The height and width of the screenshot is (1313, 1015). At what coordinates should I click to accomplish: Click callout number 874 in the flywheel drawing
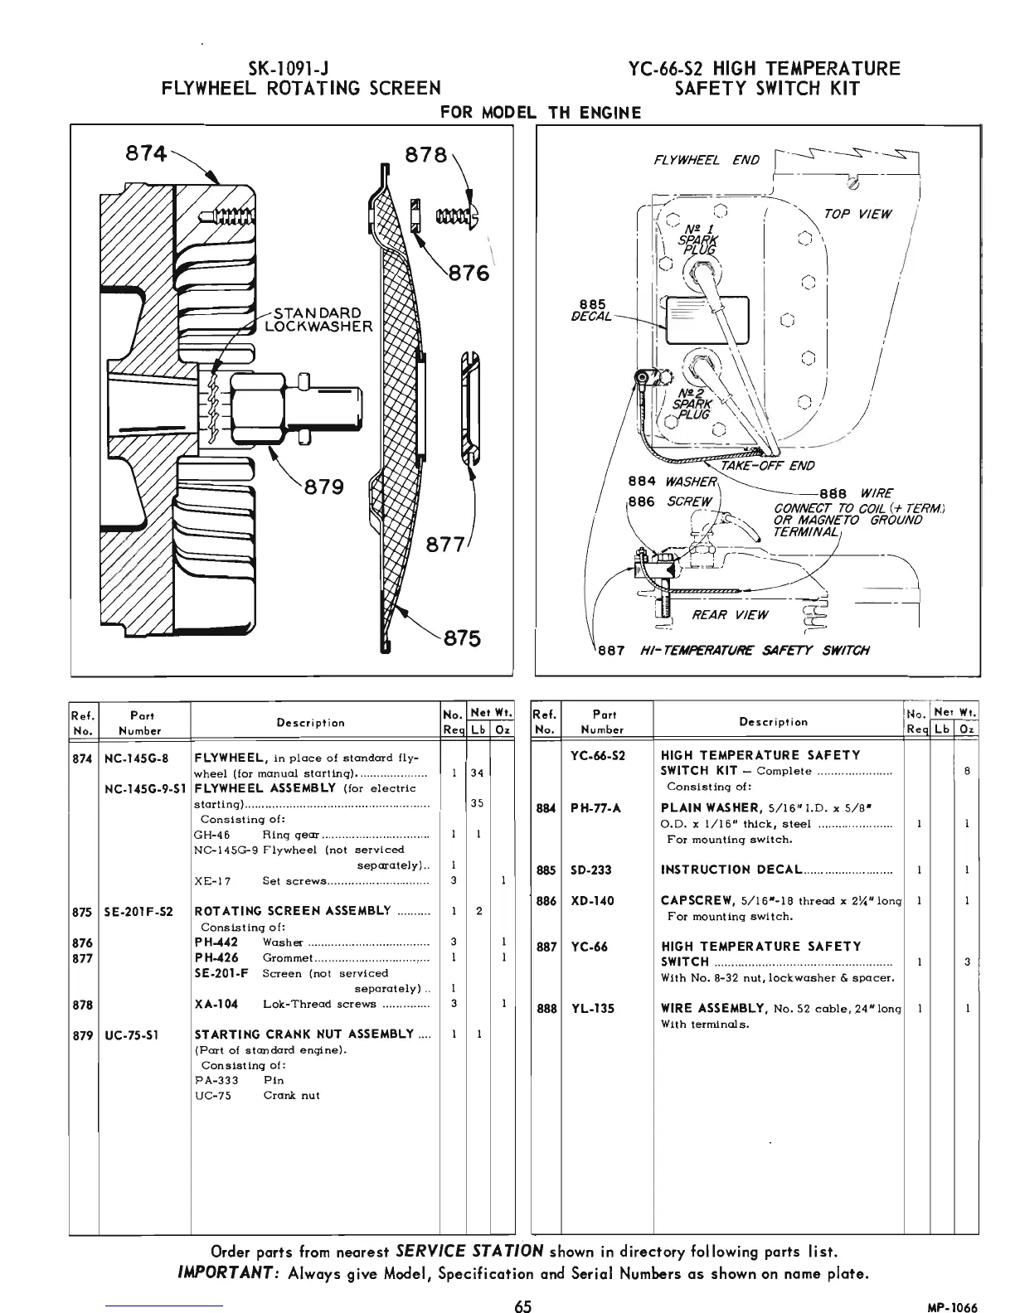[144, 153]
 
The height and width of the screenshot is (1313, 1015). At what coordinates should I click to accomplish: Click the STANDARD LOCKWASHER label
[318, 319]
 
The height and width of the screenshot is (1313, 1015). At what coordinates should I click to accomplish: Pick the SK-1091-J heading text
[299, 68]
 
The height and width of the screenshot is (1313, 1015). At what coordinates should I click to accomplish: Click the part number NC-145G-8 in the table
[137, 757]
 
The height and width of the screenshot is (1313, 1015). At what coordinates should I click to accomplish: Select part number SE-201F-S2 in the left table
[138, 911]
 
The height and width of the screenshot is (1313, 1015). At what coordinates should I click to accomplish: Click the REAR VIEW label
[730, 614]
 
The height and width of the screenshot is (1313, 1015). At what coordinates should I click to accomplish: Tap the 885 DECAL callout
[593, 310]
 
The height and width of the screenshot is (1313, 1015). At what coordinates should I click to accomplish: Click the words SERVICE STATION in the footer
[470, 1250]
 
